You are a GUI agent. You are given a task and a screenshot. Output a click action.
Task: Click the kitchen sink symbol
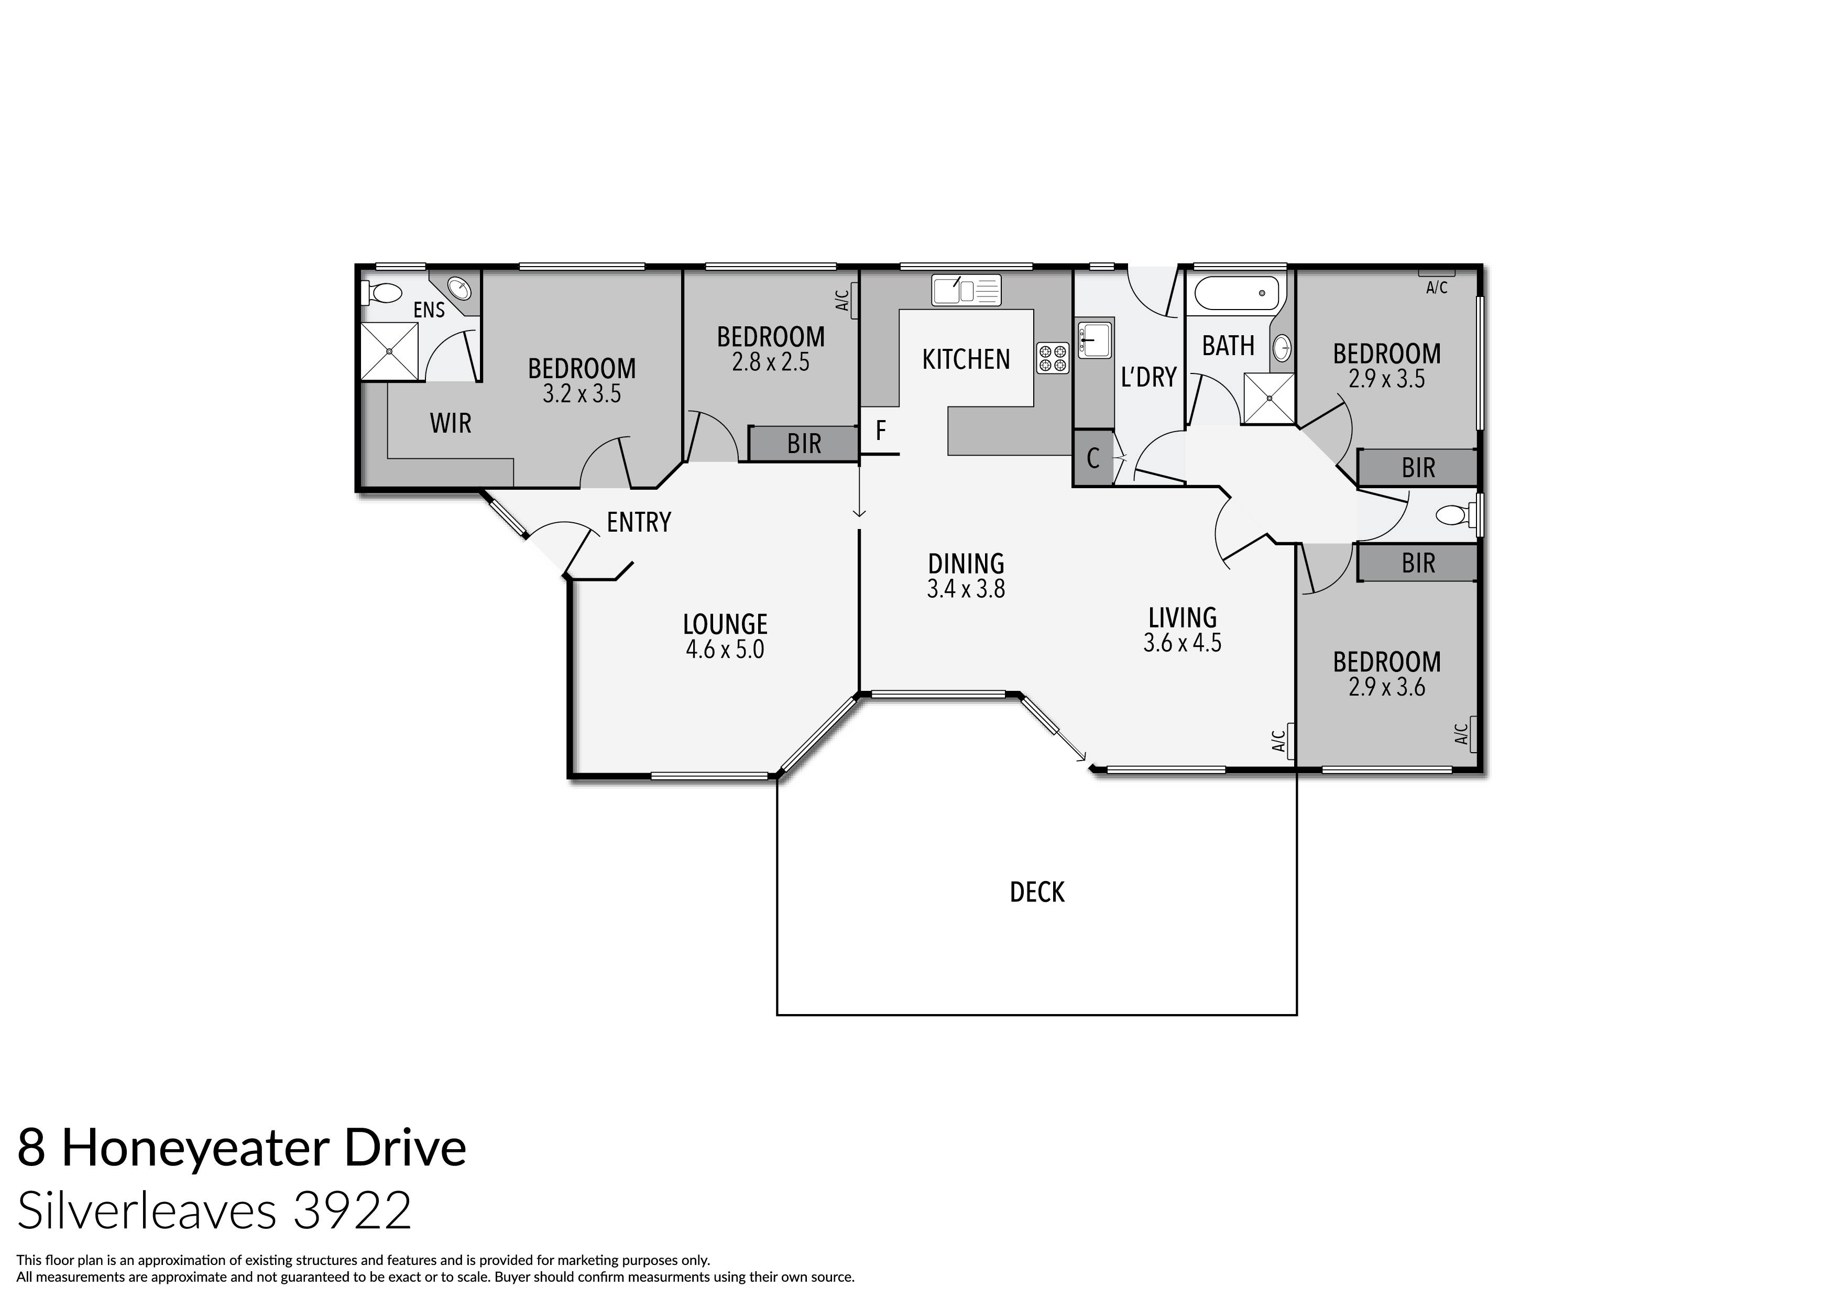tap(966, 290)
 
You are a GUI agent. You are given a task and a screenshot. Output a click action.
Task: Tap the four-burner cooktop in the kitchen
tap(1053, 358)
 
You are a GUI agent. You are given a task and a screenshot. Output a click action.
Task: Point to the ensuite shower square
tap(389, 350)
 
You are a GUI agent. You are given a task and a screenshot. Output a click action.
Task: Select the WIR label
tap(451, 423)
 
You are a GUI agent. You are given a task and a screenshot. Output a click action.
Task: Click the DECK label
tap(1037, 893)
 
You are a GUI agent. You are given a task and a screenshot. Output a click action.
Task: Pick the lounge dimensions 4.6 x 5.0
tap(725, 649)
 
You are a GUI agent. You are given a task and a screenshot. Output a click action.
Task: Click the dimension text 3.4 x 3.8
tap(966, 590)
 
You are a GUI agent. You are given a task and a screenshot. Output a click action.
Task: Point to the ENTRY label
tap(638, 523)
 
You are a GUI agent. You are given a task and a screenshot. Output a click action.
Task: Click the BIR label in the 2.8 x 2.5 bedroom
tap(804, 444)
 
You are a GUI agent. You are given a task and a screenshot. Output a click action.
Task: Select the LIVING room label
tap(1183, 618)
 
